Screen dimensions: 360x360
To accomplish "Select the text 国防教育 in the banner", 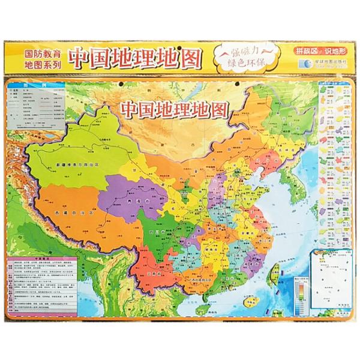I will click(x=41, y=52).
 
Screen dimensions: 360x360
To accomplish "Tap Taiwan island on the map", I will click(x=276, y=274).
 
